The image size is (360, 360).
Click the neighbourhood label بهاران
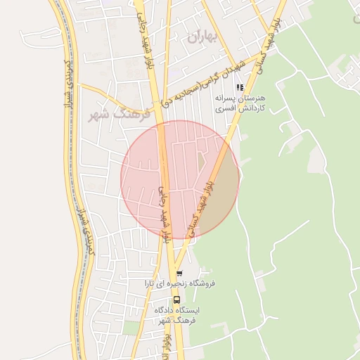coord(203,37)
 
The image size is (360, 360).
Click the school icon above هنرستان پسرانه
coord(240,88)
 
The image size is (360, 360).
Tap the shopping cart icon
coord(179,273)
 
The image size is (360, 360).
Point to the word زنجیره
coord(179,283)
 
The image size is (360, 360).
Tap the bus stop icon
coord(176,299)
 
